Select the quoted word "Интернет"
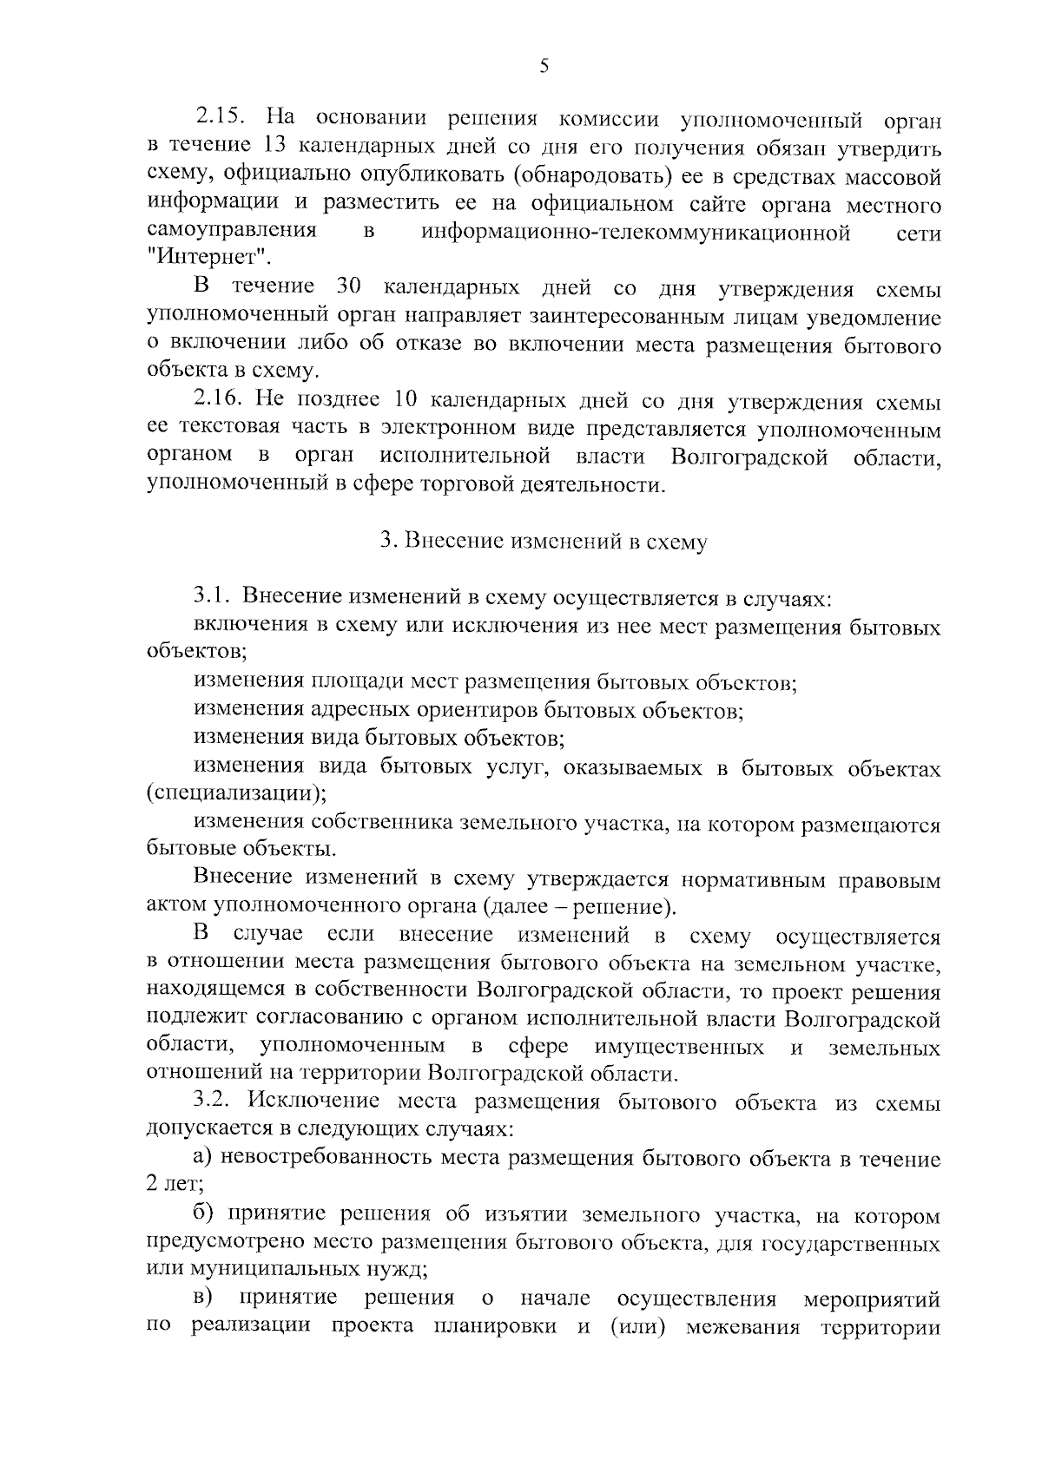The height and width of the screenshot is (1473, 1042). pos(208,258)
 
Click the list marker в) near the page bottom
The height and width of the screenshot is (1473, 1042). pos(203,1299)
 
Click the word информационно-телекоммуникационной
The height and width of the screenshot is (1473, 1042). pos(636,232)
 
